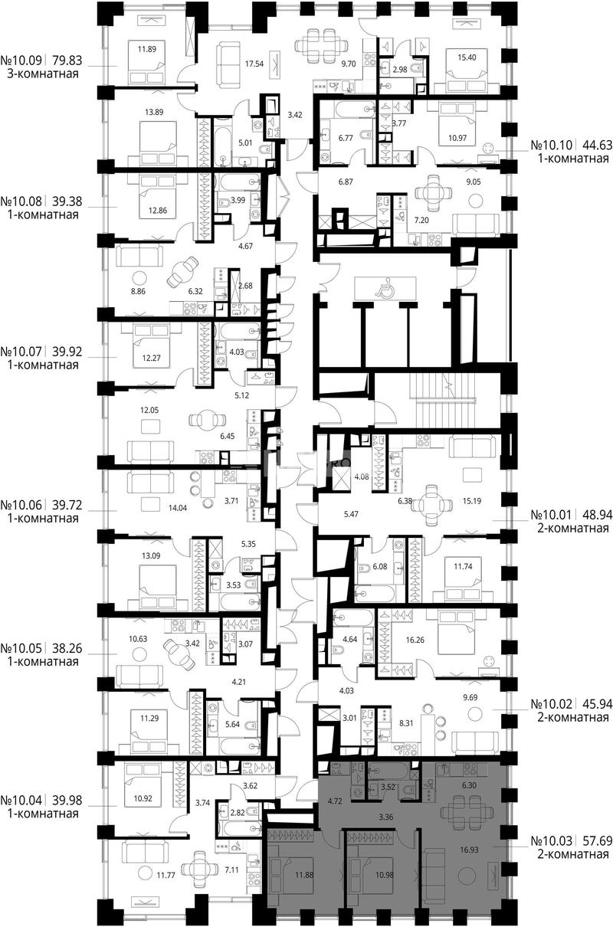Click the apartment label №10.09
[x=21, y=61]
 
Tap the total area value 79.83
[x=67, y=61]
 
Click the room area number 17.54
[x=254, y=64]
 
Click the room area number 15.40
[x=467, y=57]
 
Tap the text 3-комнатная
[x=43, y=74]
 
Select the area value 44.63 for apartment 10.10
[x=597, y=145]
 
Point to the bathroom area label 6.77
[x=346, y=138]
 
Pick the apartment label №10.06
[x=21, y=505]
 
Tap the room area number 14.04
[x=177, y=508]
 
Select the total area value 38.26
[x=67, y=648]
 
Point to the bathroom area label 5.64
[x=233, y=724]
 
